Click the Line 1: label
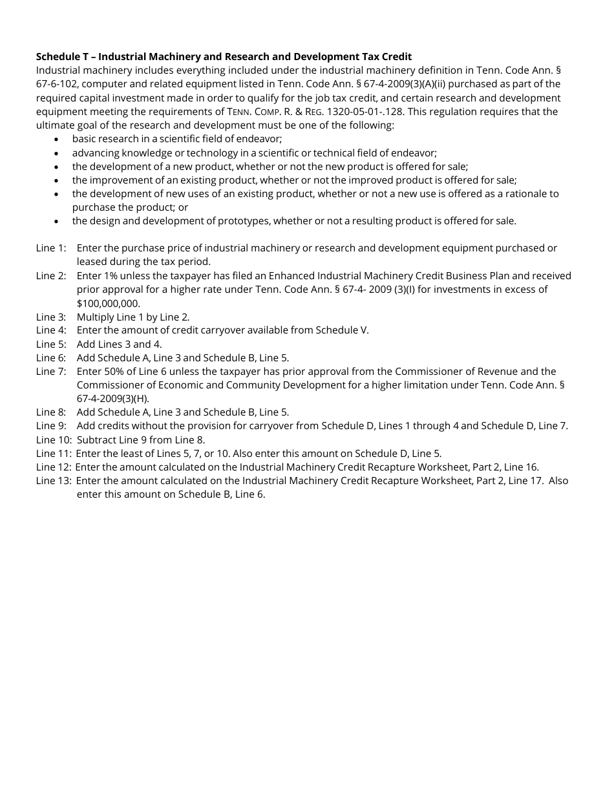(x=51, y=248)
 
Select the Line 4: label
(x=51, y=330)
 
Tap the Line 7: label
(x=51, y=372)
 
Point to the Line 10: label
(x=54, y=440)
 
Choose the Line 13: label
(x=54, y=481)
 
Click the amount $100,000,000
(x=108, y=303)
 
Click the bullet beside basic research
(x=58, y=140)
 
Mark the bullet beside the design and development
(x=58, y=222)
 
